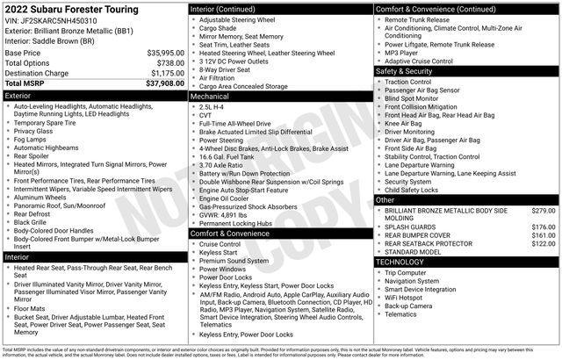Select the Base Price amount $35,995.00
coord(165,54)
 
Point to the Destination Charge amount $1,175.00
coord(167,73)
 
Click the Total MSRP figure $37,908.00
coord(163,83)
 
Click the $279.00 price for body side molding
coord(544,211)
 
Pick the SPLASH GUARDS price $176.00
coord(544,227)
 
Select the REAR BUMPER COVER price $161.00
coord(544,235)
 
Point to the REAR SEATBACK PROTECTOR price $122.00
coord(544,244)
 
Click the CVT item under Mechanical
coord(207,114)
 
